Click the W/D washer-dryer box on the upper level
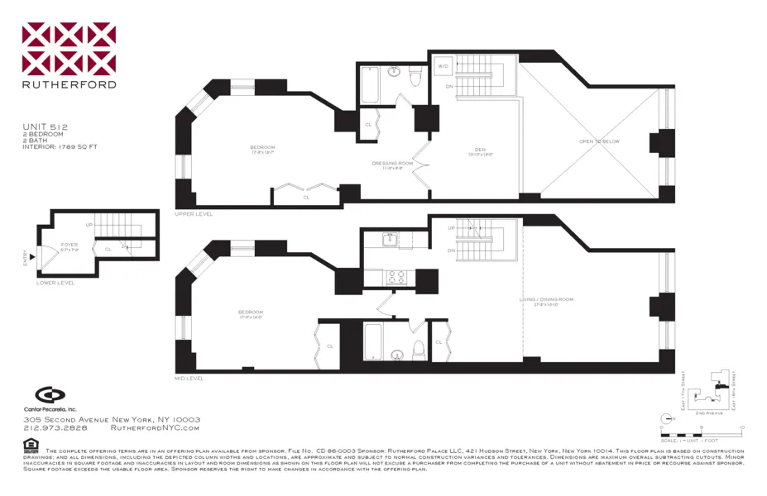tap(443, 65)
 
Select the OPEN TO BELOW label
tap(599, 141)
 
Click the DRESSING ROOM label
tap(393, 164)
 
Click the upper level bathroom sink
tap(394, 72)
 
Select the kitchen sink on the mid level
tap(391, 241)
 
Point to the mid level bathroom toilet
tap(419, 348)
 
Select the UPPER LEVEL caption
tap(194, 214)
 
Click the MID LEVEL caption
tap(189, 378)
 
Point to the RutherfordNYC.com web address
tap(155, 428)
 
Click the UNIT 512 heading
tap(45, 126)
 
